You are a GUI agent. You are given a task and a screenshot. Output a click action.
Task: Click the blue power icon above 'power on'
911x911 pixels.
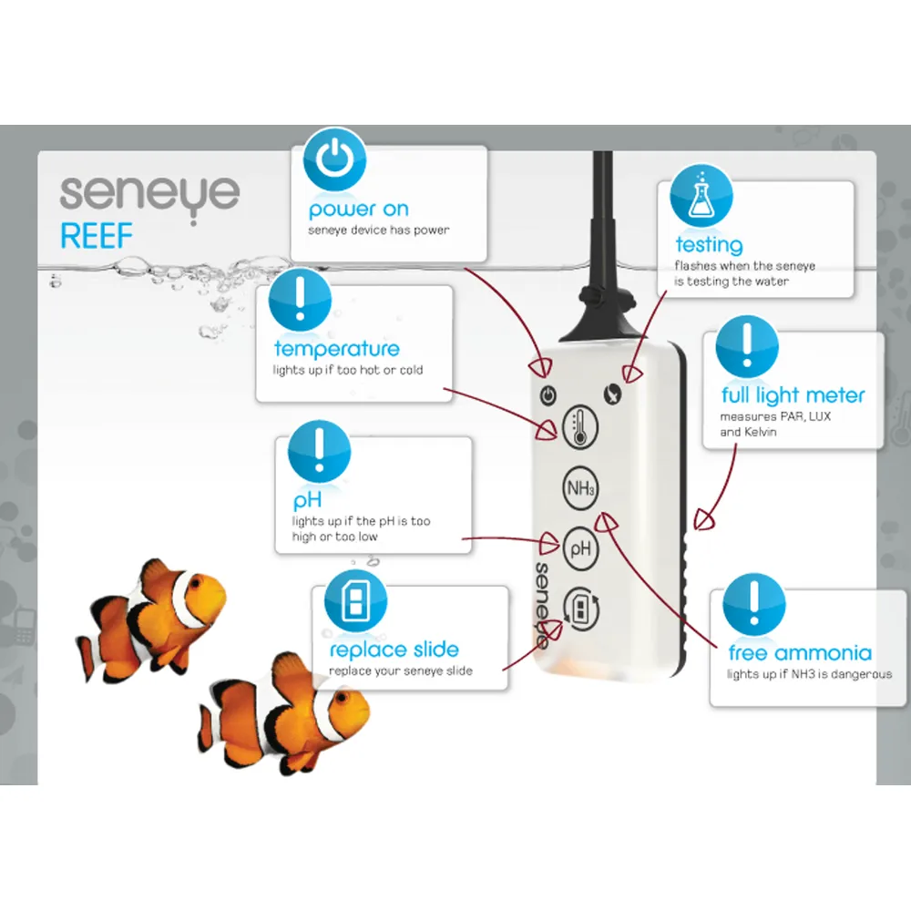pyautogui.click(x=334, y=159)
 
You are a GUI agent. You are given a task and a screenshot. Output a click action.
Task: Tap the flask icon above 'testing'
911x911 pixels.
pyautogui.click(x=701, y=196)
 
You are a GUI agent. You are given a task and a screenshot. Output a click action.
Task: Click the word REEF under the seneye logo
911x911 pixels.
pyautogui.click(x=97, y=236)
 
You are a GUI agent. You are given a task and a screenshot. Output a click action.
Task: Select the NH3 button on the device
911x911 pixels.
pyautogui.click(x=580, y=488)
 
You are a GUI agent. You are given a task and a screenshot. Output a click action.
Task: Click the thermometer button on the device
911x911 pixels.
pyautogui.click(x=580, y=427)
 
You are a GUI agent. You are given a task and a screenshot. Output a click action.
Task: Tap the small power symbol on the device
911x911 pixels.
pyautogui.click(x=548, y=395)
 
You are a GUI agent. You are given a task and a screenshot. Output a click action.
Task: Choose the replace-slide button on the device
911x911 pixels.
pyautogui.click(x=580, y=609)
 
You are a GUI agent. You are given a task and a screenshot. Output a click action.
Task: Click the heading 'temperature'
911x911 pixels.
pyautogui.click(x=337, y=349)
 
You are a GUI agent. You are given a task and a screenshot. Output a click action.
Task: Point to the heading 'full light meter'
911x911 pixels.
pyautogui.click(x=793, y=395)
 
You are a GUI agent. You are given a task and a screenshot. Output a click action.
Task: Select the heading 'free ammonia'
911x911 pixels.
pyautogui.click(x=800, y=653)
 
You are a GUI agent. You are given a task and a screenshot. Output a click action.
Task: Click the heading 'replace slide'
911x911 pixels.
pyautogui.click(x=394, y=650)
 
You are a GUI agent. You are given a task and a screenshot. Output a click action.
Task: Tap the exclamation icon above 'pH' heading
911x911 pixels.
pyautogui.click(x=319, y=452)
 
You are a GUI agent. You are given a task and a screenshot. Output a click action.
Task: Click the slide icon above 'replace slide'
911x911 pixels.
pyautogui.click(x=355, y=600)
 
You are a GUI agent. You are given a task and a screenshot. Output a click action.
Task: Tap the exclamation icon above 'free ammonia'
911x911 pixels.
pyautogui.click(x=754, y=604)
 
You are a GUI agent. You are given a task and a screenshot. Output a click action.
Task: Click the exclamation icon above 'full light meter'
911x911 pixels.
pyautogui.click(x=747, y=347)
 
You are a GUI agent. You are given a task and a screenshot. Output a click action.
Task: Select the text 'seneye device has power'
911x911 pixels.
pyautogui.click(x=379, y=230)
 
